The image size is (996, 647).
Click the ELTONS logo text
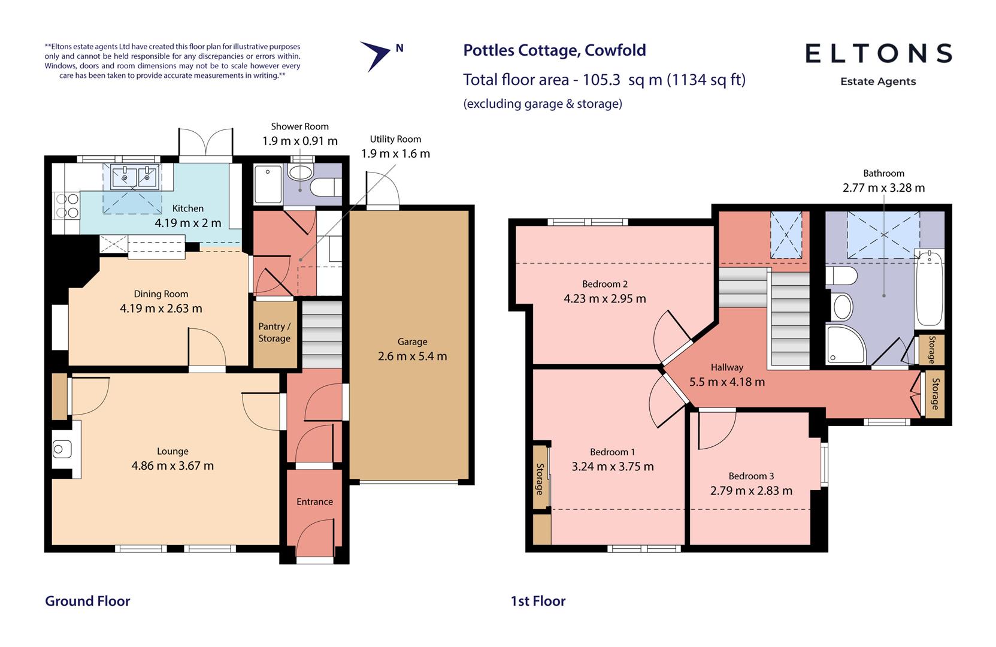click(878, 53)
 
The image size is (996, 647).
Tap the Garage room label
click(412, 341)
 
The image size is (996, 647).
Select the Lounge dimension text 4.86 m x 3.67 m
click(172, 465)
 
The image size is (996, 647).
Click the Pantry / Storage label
click(274, 332)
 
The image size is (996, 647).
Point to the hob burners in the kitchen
click(66, 205)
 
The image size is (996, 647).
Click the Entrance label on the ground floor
click(314, 502)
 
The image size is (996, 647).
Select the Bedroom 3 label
click(751, 476)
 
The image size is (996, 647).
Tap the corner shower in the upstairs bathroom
click(844, 345)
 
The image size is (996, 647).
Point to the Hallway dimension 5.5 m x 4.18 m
click(726, 382)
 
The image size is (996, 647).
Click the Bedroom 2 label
click(605, 284)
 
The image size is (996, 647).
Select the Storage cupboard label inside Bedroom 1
click(540, 479)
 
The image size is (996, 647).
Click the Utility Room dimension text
click(395, 153)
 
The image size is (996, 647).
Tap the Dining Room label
click(161, 294)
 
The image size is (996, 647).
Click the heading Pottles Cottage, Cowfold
click(554, 50)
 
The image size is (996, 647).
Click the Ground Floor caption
click(87, 601)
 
